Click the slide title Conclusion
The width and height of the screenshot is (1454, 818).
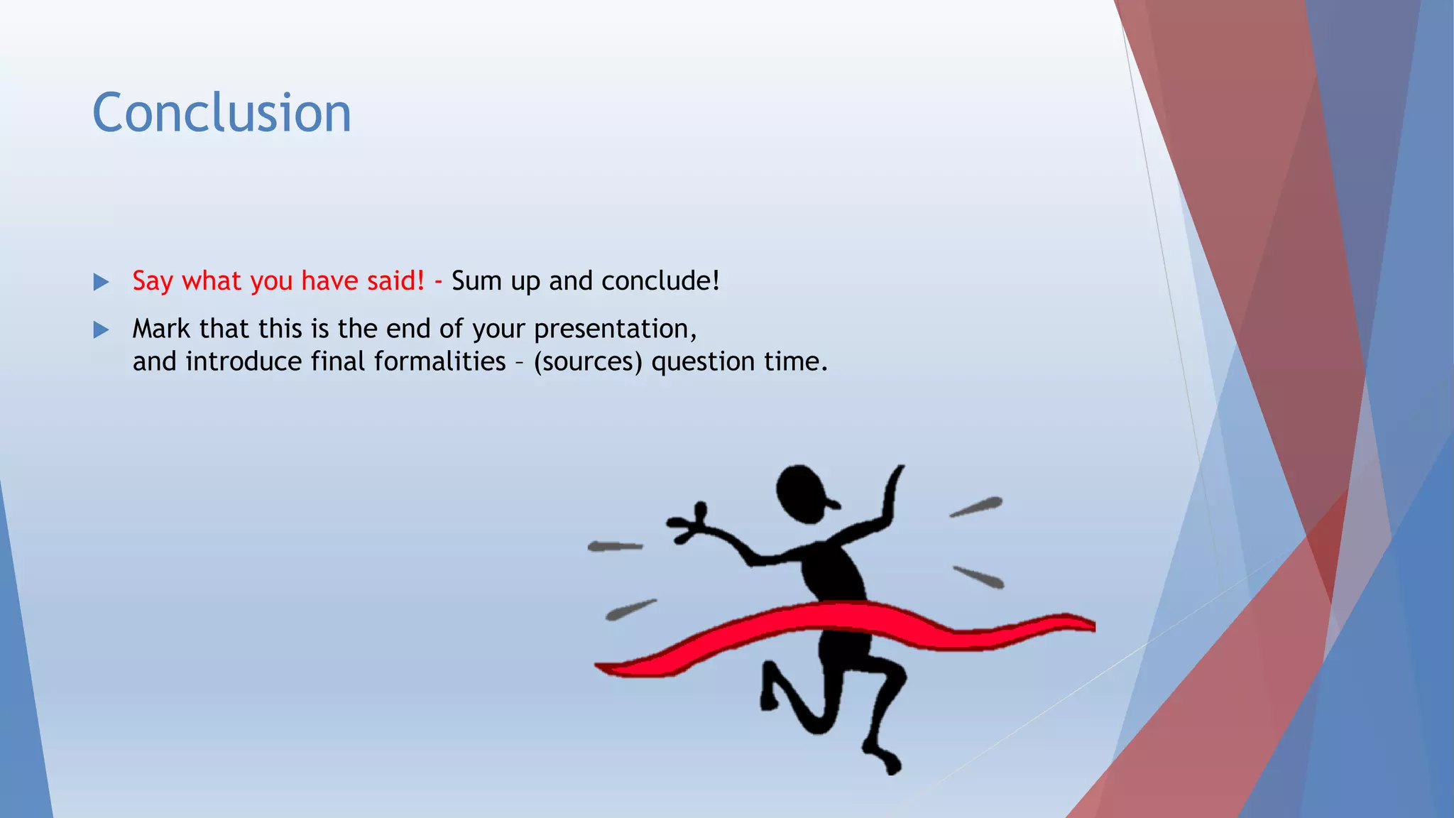tap(222, 113)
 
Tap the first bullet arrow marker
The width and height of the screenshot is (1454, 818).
tap(101, 282)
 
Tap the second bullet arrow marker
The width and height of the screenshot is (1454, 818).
tap(101, 329)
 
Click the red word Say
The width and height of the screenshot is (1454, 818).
tap(152, 281)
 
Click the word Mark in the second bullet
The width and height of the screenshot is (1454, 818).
tap(161, 329)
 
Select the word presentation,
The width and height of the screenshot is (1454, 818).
tap(616, 329)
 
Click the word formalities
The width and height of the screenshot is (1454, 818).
tap(439, 361)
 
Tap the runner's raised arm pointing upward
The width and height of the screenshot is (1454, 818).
tap(890, 497)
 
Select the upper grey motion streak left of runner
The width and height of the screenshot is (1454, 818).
tap(615, 546)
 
